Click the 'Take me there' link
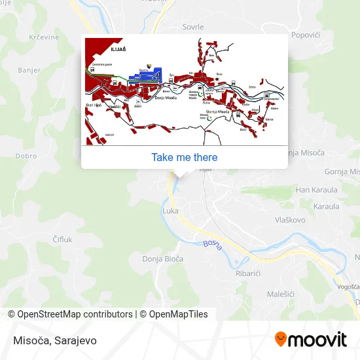point(184,157)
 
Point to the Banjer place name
point(29,70)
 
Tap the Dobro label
point(26,156)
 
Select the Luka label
point(170,211)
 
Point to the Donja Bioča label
point(163,259)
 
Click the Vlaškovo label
point(290,220)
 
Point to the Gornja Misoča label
point(342,171)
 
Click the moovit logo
point(310,340)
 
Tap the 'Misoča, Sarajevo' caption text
point(52,340)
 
